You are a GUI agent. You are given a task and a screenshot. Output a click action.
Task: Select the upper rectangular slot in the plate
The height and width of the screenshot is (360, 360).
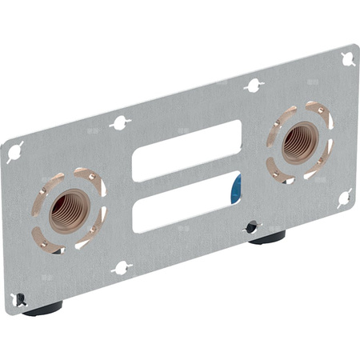click(186, 150)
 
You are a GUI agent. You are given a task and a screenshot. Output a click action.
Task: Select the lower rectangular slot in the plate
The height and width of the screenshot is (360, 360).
click(186, 202)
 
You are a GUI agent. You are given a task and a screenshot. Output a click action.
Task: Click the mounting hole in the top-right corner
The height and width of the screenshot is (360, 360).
click(348, 58)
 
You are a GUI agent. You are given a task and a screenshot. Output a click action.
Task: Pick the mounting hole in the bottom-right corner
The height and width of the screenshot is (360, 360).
click(344, 197)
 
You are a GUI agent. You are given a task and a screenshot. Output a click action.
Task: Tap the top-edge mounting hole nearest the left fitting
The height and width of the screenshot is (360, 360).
click(120, 122)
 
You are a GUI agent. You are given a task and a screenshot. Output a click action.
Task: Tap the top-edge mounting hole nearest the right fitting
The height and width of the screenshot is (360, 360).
click(253, 84)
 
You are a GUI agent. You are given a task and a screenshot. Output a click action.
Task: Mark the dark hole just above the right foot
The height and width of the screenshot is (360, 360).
click(251, 227)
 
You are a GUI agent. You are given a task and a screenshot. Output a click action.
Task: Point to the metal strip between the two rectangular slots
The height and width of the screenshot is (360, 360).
click(186, 176)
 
